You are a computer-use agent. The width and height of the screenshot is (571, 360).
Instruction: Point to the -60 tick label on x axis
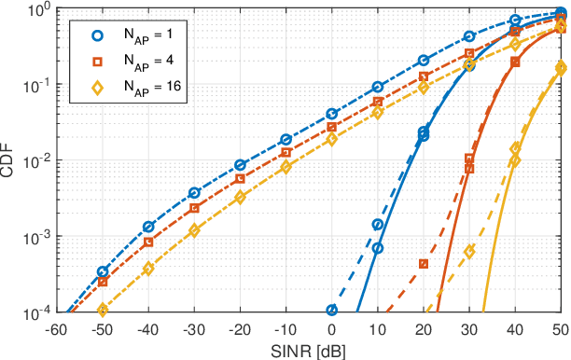[x=56, y=328]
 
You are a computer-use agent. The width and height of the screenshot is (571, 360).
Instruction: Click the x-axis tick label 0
[x=331, y=328]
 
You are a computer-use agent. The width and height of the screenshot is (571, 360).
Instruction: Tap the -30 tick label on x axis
[x=194, y=328]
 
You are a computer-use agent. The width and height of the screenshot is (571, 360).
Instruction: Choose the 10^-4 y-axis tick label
[x=35, y=312]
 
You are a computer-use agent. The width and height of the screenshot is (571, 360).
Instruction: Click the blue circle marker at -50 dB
[x=103, y=272]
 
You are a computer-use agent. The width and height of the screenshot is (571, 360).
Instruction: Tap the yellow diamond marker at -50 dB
[x=103, y=309]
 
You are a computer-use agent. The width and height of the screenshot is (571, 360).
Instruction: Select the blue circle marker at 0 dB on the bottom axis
[x=331, y=310]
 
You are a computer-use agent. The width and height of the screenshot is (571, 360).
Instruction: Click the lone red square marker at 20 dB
[x=424, y=264]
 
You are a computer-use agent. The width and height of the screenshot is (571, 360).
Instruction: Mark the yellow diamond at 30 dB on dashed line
[x=469, y=252]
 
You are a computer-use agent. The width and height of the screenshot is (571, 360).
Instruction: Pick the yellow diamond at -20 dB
[x=240, y=198]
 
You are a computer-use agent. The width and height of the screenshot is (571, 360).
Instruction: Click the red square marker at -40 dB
[x=148, y=242]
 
